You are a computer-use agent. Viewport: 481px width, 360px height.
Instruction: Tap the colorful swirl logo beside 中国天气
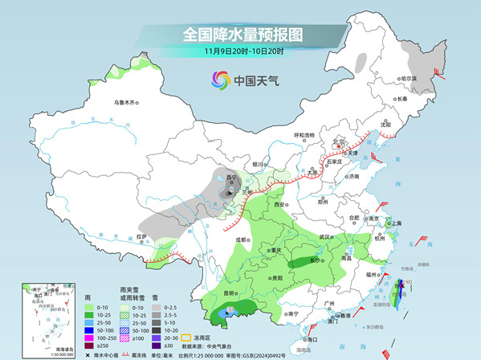click(x=219, y=80)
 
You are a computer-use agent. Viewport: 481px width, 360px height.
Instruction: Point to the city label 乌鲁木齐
click(x=125, y=103)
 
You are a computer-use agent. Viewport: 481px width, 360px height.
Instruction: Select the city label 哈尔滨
click(x=409, y=79)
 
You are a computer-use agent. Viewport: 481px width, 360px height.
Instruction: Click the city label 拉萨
click(x=141, y=236)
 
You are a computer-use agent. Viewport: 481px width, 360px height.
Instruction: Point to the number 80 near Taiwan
click(x=408, y=282)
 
